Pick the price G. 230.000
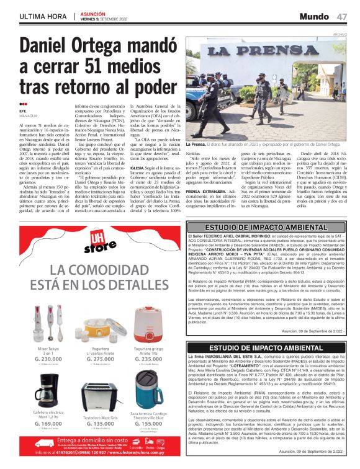48,359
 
